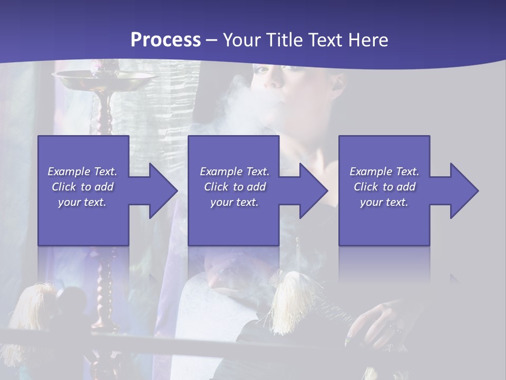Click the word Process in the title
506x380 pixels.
point(166,40)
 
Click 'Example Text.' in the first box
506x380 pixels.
point(82,172)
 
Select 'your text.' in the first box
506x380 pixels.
point(82,202)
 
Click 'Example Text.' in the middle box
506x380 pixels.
point(235,172)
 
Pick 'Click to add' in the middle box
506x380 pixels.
point(235,187)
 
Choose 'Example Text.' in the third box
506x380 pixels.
point(384,172)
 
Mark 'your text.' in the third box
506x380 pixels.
point(384,202)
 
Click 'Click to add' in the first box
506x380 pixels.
point(82,187)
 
